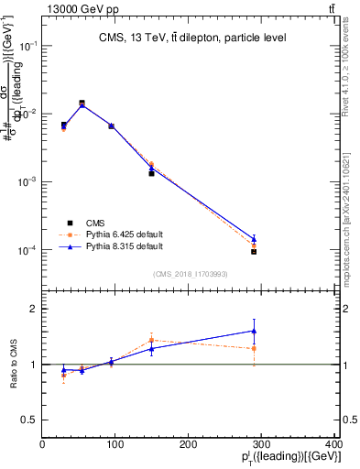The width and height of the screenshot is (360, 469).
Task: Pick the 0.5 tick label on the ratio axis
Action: [32, 420]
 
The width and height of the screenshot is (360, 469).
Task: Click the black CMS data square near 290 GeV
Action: [254, 251]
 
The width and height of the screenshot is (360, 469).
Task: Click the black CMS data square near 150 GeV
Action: [151, 172]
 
